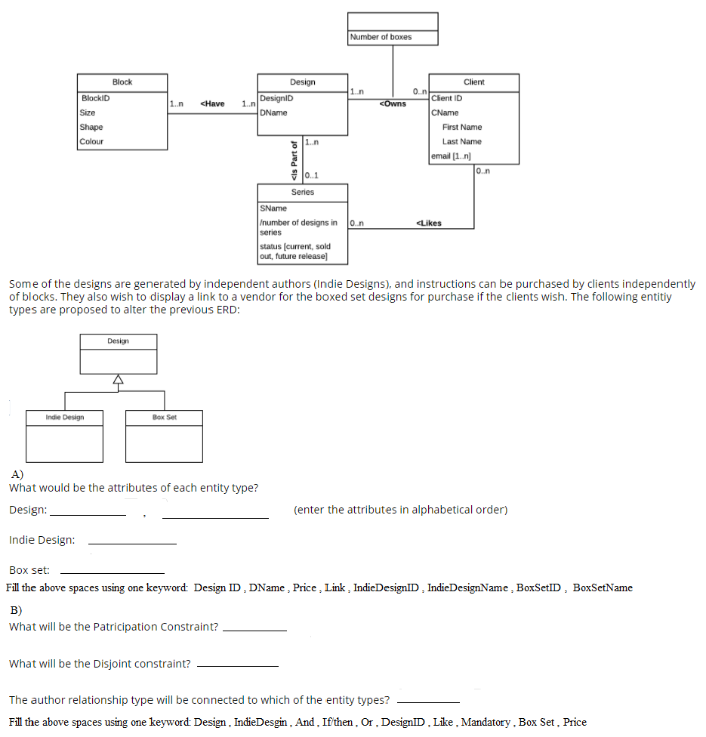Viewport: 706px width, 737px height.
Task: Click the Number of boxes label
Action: (381, 37)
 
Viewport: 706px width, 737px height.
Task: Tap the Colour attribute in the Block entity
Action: (91, 141)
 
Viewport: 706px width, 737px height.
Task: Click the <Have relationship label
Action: (213, 103)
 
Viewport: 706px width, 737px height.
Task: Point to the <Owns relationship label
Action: (393, 103)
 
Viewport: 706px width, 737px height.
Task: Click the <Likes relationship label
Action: (429, 223)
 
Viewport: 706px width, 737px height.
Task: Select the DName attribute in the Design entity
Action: (273, 113)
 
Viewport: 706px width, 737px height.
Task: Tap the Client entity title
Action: (474, 82)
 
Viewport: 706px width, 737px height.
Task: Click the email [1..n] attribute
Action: (451, 156)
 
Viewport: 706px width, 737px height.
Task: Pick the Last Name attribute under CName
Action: (461, 141)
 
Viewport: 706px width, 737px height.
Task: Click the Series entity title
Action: (302, 192)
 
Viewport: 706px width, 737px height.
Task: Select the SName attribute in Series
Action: (273, 208)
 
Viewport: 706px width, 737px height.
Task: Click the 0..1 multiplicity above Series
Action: (312, 176)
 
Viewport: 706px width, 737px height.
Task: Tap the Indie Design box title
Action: (65, 417)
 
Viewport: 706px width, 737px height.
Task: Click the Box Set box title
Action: (164, 417)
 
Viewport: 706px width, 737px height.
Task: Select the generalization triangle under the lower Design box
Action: (117, 380)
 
